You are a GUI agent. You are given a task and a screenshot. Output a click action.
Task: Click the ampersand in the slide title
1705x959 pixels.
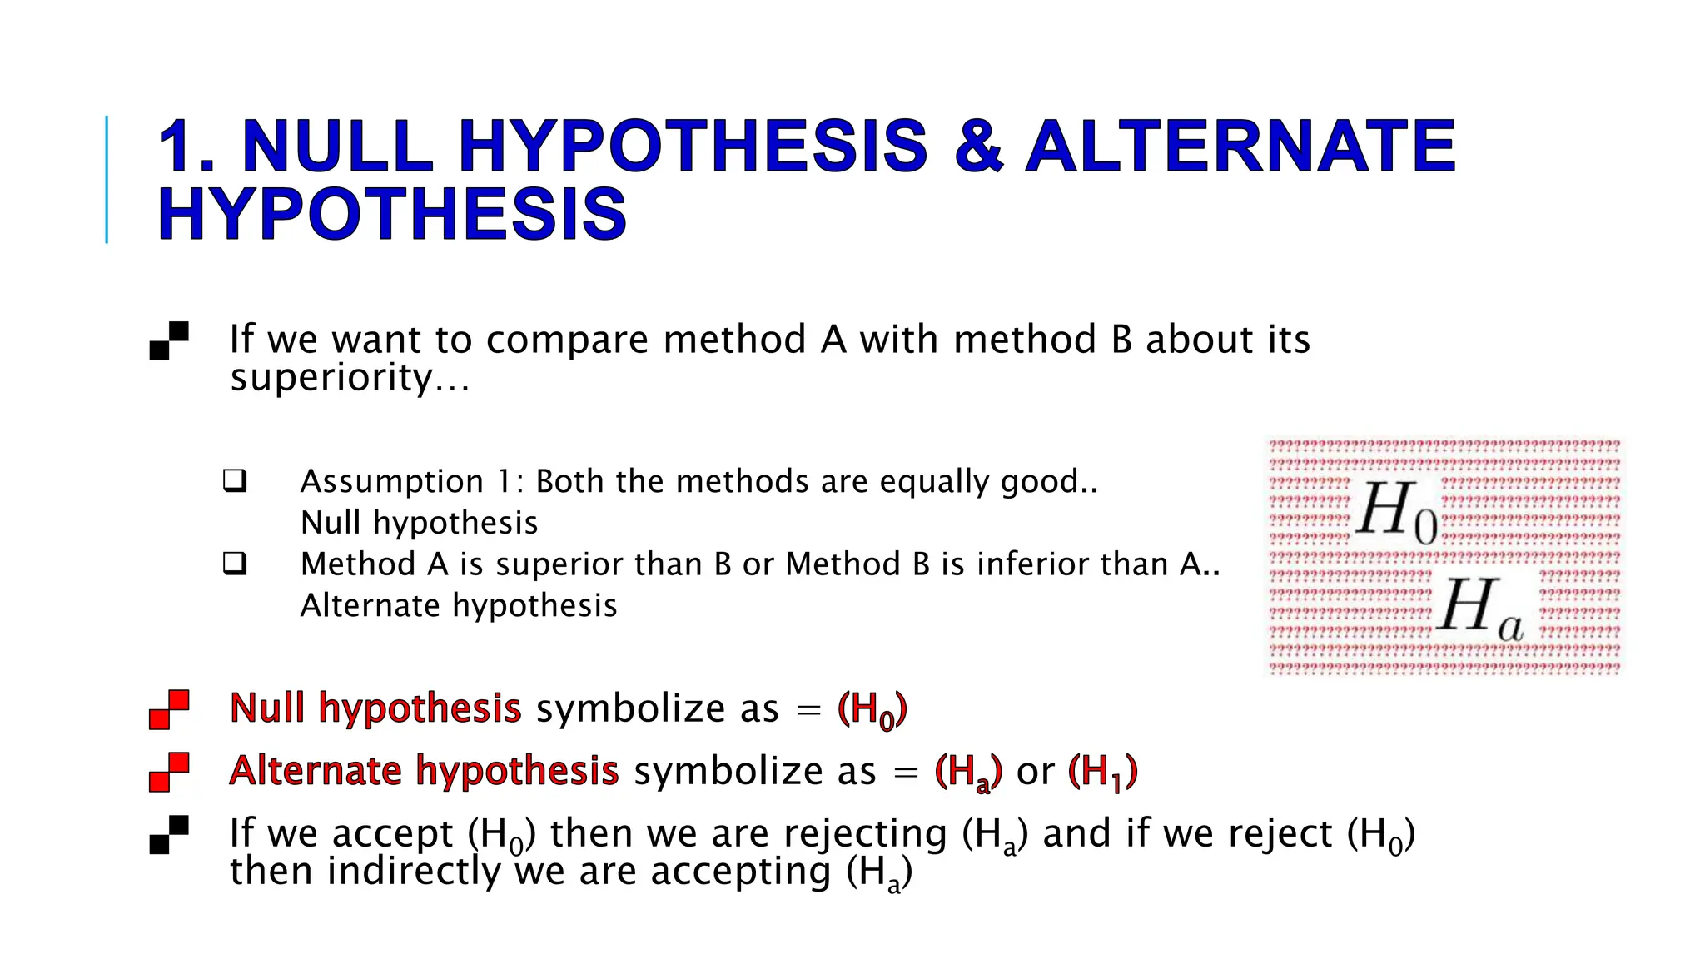click(978, 147)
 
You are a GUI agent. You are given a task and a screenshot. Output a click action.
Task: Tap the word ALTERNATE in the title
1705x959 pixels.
click(1240, 147)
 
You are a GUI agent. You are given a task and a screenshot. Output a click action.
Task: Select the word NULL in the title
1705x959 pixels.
click(337, 147)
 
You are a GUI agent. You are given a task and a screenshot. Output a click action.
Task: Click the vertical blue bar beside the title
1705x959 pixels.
click(107, 179)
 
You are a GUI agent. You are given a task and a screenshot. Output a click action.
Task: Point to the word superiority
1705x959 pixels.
click(331, 379)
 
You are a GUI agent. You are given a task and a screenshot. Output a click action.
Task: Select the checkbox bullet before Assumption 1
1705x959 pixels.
click(235, 480)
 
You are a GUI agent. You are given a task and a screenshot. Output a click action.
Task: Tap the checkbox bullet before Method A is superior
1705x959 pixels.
click(235, 564)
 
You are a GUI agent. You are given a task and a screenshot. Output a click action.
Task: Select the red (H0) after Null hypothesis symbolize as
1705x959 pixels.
click(872, 710)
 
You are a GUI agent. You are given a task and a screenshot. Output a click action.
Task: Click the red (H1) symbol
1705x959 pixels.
click(1102, 772)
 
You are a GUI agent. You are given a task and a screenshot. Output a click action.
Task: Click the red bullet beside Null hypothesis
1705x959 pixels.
click(169, 709)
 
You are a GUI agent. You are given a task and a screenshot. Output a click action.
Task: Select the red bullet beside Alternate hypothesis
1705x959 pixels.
click(169, 772)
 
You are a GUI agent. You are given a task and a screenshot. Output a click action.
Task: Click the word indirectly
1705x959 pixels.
click(414, 872)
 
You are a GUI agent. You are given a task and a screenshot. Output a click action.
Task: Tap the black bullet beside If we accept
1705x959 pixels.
click(169, 834)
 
